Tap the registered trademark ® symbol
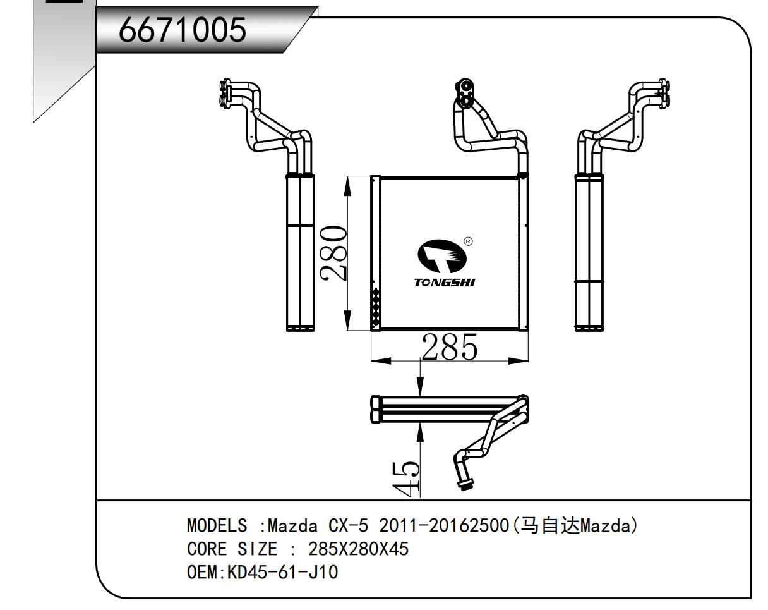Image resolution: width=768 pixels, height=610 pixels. (x=468, y=241)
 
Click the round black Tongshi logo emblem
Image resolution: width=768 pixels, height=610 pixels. (x=443, y=257)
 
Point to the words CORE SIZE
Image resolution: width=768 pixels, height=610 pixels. (x=232, y=549)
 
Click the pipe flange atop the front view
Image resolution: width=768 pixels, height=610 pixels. (x=466, y=92)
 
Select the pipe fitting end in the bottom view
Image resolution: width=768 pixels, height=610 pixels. (x=465, y=485)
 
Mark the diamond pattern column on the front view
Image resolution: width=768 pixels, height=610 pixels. (x=376, y=308)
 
